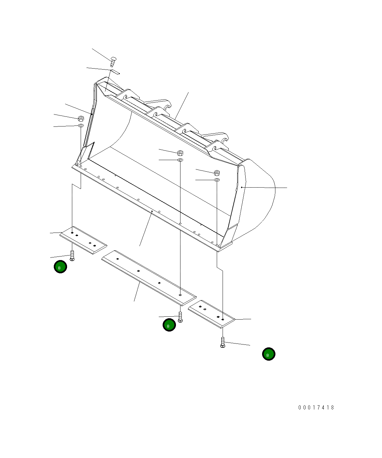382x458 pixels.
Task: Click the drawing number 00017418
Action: pyautogui.click(x=316, y=408)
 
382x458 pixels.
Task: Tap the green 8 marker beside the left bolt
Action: pyautogui.click(x=60, y=267)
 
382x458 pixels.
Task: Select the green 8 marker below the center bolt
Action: pyautogui.click(x=169, y=325)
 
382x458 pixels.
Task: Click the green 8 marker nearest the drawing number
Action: pyautogui.click(x=269, y=354)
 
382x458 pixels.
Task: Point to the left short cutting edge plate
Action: pyautogui.click(x=83, y=240)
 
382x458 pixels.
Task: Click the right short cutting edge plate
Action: pyautogui.click(x=211, y=314)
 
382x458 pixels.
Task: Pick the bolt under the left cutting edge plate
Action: pyautogui.click(x=72, y=256)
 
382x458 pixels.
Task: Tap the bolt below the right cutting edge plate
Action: pyautogui.click(x=222, y=342)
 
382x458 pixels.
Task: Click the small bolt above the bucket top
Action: pyautogui.click(x=113, y=60)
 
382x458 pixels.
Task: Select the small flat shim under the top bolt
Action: pyautogui.click(x=115, y=71)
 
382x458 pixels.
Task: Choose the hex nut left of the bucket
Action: pyautogui.click(x=81, y=118)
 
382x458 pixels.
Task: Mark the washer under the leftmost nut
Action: pyautogui.click(x=81, y=125)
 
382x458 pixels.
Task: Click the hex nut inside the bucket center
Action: pyautogui.click(x=180, y=153)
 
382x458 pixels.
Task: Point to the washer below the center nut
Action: pyautogui.click(x=180, y=160)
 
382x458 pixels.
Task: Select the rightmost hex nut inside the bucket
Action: pyautogui.click(x=217, y=173)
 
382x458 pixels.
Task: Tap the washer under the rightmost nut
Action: pyautogui.click(x=217, y=180)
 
